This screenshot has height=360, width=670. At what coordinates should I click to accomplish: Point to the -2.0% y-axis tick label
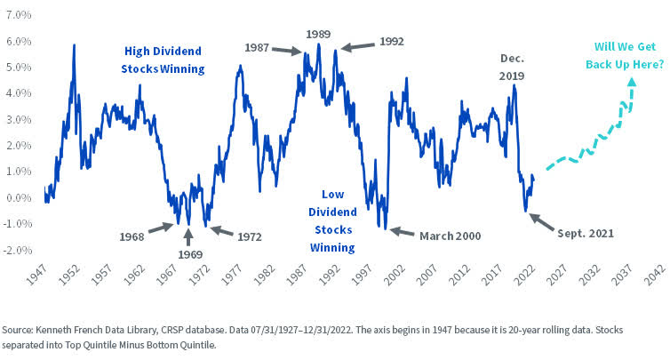tap(17, 250)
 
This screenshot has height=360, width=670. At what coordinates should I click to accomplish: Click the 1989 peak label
tap(318, 33)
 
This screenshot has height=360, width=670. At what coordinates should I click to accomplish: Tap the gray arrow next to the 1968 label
tap(160, 228)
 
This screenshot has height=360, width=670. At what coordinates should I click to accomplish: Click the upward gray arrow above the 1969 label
tap(187, 236)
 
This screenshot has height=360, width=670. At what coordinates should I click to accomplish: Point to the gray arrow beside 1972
tap(219, 233)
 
